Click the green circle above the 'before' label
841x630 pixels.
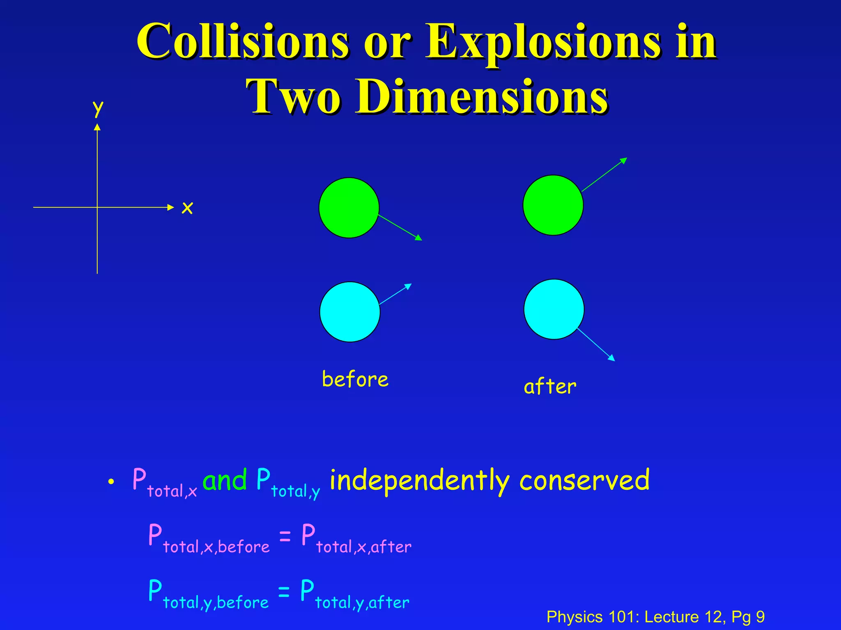click(x=349, y=208)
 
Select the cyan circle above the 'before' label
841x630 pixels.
click(x=349, y=312)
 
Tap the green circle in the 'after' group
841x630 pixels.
click(x=553, y=205)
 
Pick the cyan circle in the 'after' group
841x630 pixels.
click(x=554, y=309)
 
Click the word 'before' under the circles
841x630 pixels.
click(x=355, y=379)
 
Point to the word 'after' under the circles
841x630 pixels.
click(x=550, y=387)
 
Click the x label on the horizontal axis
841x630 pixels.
click(x=187, y=208)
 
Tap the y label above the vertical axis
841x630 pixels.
click(x=98, y=108)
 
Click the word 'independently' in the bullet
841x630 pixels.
click(x=419, y=481)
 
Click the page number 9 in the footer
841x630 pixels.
click(x=760, y=617)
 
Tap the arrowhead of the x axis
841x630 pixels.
click(x=171, y=208)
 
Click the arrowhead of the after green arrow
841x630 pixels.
click(x=623, y=160)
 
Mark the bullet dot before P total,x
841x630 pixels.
click(x=110, y=482)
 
